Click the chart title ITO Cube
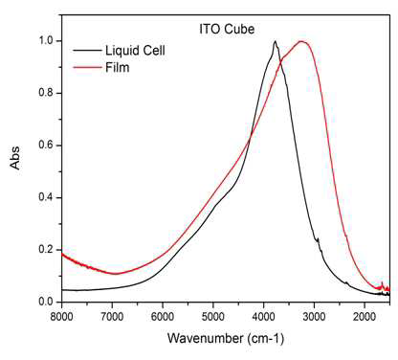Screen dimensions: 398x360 click(x=227, y=30)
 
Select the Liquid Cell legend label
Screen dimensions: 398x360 click(x=135, y=51)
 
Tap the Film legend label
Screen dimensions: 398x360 click(x=118, y=67)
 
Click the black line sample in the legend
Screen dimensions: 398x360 click(x=87, y=50)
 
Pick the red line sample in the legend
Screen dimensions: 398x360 click(x=87, y=67)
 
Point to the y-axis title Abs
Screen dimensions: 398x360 click(x=14, y=158)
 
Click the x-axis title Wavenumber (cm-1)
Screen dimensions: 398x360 click(x=226, y=338)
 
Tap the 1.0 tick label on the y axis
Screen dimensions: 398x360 click(x=46, y=41)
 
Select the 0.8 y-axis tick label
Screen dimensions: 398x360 click(x=46, y=93)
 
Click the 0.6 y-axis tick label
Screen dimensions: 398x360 click(x=46, y=146)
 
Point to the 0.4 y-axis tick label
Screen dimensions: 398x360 click(x=46, y=197)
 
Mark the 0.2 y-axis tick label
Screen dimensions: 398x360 click(x=46, y=250)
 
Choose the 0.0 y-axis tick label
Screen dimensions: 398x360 click(x=46, y=302)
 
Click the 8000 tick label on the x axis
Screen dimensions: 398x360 click(x=62, y=317)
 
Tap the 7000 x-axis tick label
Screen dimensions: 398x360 click(x=112, y=317)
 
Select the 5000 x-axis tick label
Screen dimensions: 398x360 click(x=213, y=317)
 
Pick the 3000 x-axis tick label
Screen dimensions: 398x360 click(x=315, y=317)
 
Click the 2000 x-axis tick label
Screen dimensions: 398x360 click(x=365, y=317)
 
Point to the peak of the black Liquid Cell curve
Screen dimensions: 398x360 click(x=275, y=41)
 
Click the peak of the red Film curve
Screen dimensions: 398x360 click(x=301, y=41)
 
